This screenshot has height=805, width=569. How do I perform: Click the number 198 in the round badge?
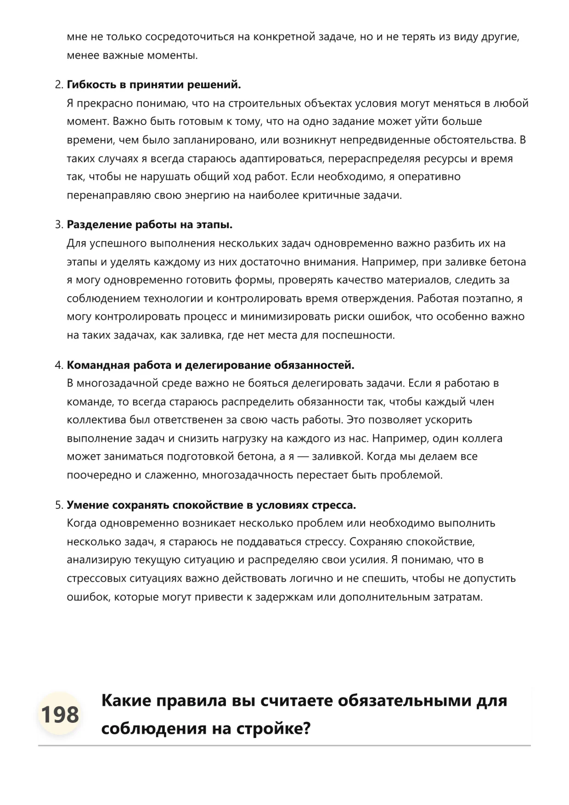(60, 715)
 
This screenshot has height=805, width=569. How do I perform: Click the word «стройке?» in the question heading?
(274, 729)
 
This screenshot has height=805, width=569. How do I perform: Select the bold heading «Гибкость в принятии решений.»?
(154, 85)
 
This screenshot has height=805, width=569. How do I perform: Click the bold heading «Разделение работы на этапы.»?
(150, 225)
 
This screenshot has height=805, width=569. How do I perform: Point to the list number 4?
(58, 366)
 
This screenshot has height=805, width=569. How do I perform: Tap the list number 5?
(58, 506)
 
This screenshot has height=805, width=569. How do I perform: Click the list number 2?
(58, 85)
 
